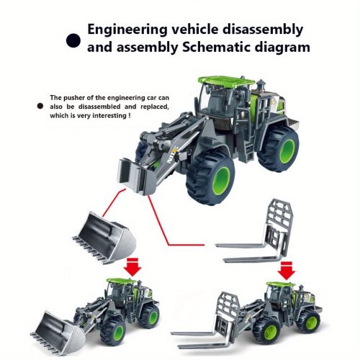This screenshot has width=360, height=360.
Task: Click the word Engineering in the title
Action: (127, 30)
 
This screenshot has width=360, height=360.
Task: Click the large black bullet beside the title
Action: (73, 40)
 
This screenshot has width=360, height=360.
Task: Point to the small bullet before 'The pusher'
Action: (40, 106)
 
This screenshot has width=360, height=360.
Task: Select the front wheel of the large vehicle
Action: (210, 177)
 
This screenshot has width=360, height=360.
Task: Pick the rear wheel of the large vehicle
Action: (278, 148)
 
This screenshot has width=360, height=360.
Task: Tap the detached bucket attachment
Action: (104, 238)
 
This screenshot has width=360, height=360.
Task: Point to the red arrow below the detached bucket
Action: (133, 267)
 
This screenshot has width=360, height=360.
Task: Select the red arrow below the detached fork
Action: (286, 271)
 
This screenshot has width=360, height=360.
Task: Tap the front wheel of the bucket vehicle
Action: (113, 331)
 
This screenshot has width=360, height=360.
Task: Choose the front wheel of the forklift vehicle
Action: (266, 330)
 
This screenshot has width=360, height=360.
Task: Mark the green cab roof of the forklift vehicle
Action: (281, 284)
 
